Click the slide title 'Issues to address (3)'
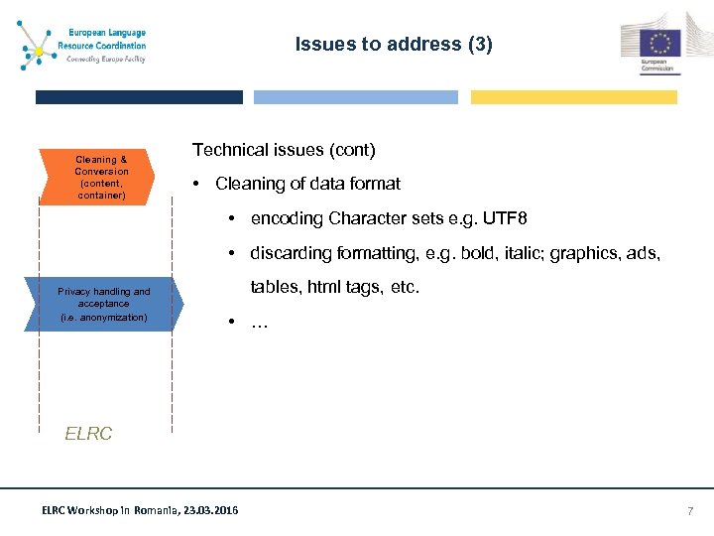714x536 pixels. pyautogui.click(x=394, y=45)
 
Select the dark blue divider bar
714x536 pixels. pyautogui.click(x=139, y=97)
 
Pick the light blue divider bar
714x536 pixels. pyautogui.click(x=356, y=97)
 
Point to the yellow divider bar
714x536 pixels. pyautogui.click(x=573, y=97)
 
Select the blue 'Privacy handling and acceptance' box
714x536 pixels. pyautogui.click(x=103, y=304)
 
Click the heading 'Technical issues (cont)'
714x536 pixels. pyautogui.click(x=284, y=150)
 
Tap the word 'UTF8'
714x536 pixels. pyautogui.click(x=517, y=218)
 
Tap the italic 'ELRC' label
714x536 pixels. pyautogui.click(x=88, y=433)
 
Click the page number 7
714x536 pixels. pyautogui.click(x=690, y=510)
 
